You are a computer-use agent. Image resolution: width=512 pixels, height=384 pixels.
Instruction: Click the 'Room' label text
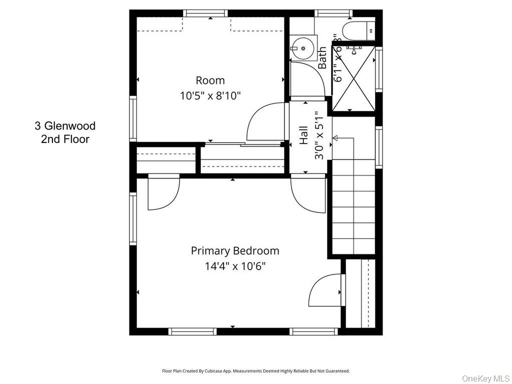pyautogui.click(x=210, y=80)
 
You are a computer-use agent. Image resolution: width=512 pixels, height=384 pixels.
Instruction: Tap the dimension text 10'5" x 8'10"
pyautogui.click(x=210, y=95)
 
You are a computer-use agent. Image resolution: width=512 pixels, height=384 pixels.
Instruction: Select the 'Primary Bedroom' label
pyautogui.click(x=235, y=250)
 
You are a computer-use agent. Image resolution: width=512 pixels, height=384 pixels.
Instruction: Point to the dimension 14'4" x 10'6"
pyautogui.click(x=235, y=266)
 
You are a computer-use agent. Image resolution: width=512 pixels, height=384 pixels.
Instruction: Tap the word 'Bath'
pyautogui.click(x=322, y=57)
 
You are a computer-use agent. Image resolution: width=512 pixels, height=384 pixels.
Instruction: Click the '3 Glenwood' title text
pyautogui.click(x=65, y=126)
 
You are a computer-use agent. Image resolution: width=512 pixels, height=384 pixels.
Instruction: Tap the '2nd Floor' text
pyautogui.click(x=65, y=139)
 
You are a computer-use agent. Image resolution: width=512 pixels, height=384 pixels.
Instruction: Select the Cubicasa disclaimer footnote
pyautogui.click(x=255, y=371)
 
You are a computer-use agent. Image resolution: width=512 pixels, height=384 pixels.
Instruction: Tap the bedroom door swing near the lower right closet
pyautogui.click(x=325, y=290)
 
